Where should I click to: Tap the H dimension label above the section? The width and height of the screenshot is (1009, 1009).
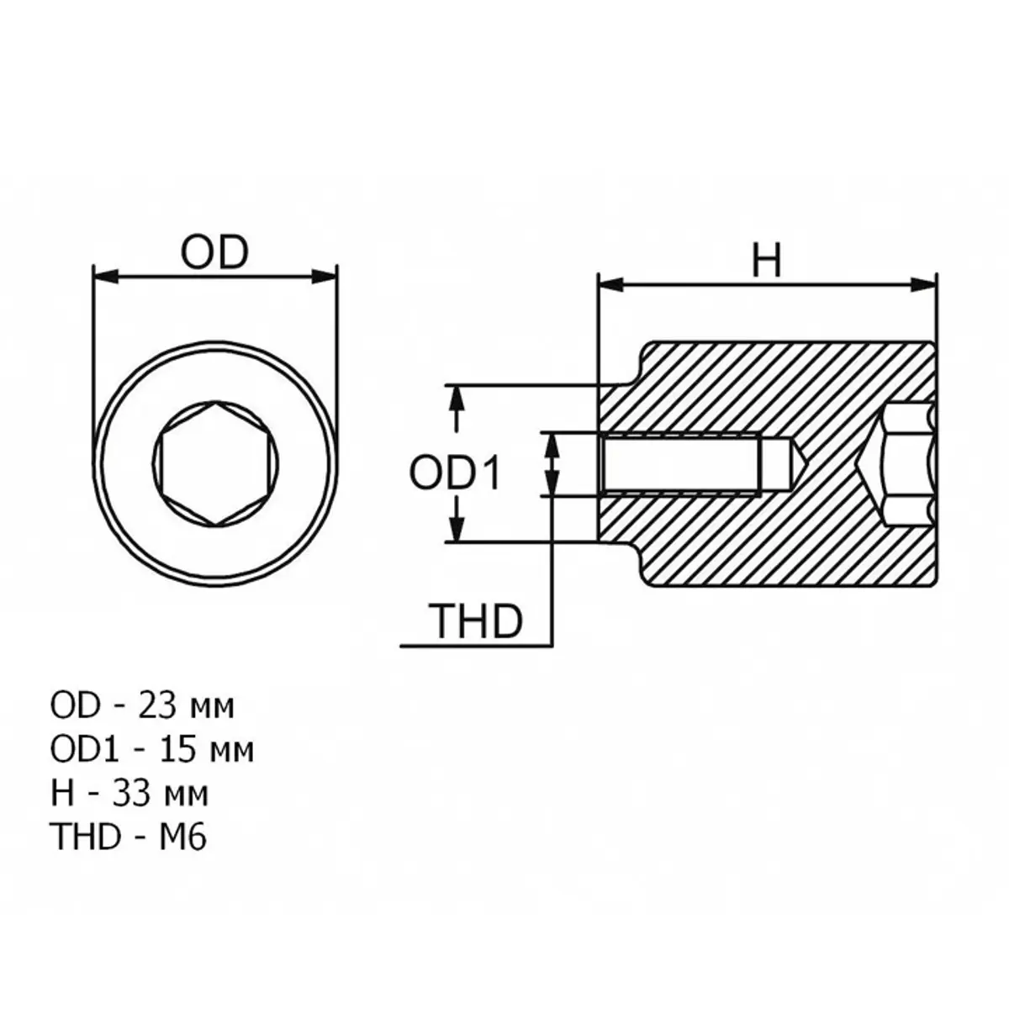pyautogui.click(x=766, y=261)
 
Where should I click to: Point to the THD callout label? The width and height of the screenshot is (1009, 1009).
pyautogui.click(x=477, y=622)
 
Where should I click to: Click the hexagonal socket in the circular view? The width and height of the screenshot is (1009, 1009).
pyautogui.click(x=216, y=464)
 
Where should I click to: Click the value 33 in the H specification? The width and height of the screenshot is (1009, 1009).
pyautogui.click(x=135, y=793)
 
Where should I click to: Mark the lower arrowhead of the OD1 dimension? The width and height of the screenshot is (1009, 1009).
pyautogui.click(x=456, y=531)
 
